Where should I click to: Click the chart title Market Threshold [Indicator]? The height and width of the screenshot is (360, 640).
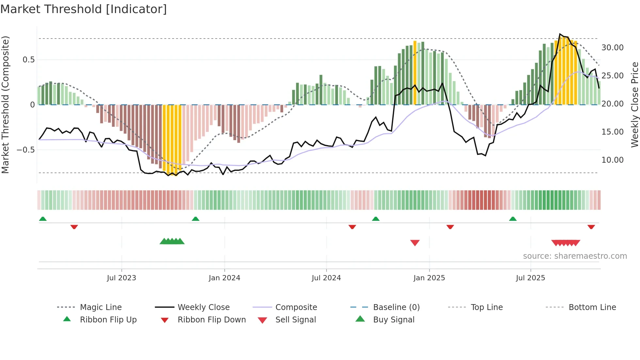[x=84, y=9]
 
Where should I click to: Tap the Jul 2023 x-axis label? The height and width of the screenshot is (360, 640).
[x=121, y=278]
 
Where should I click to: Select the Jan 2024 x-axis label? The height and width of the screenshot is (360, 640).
[x=224, y=278]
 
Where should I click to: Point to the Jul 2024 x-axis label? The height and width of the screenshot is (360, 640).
[x=326, y=278]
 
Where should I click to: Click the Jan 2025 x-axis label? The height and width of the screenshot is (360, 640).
[x=429, y=278]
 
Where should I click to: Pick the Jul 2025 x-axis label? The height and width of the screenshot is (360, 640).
[x=531, y=278]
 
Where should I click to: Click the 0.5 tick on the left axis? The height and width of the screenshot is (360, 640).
[x=28, y=60]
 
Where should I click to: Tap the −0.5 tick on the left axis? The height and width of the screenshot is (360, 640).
[x=25, y=150]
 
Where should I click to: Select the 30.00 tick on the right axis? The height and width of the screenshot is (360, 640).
[x=612, y=48]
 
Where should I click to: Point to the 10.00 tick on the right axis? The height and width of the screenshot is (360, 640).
[x=612, y=160]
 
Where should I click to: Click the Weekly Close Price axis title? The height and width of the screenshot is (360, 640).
[x=634, y=105]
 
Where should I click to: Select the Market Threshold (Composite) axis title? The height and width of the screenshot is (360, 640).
[x=5, y=105]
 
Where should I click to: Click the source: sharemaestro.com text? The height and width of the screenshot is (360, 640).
[x=575, y=256]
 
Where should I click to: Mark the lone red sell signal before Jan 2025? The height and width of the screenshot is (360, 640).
[x=415, y=243]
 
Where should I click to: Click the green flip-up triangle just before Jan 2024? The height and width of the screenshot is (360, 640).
[x=195, y=219]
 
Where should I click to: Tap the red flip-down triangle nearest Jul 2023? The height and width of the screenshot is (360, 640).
[x=74, y=227]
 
